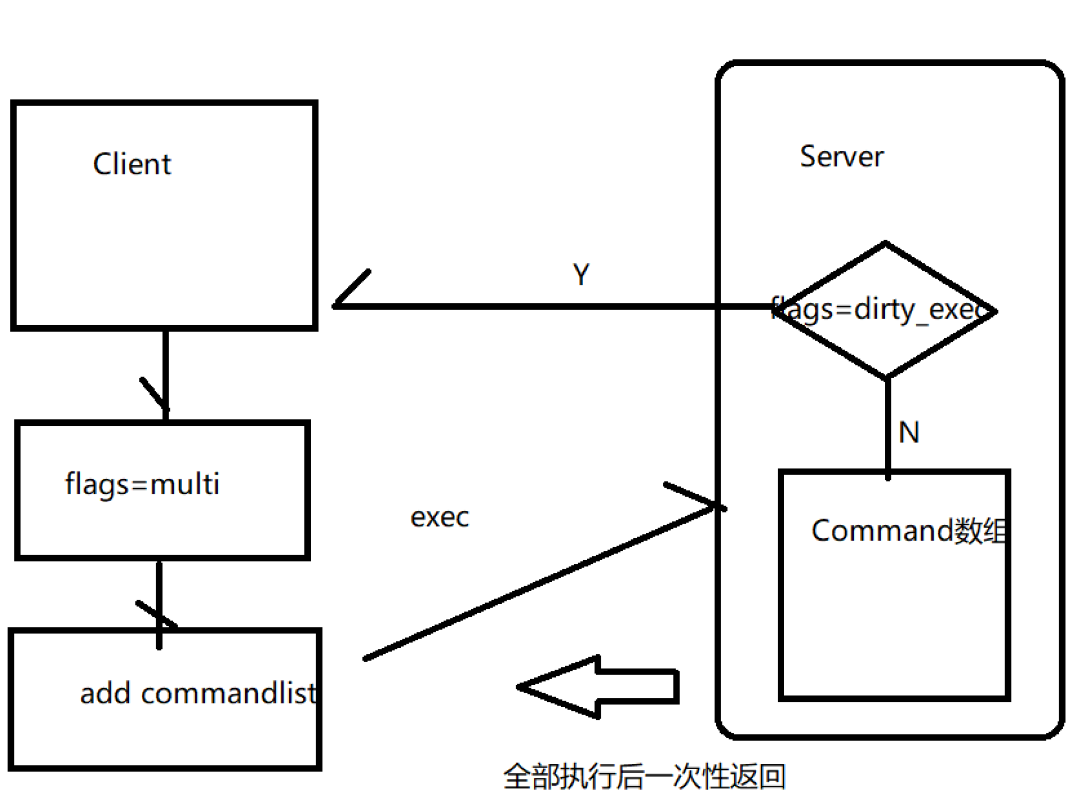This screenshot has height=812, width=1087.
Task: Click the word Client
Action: click(x=132, y=164)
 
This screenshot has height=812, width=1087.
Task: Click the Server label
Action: click(x=841, y=157)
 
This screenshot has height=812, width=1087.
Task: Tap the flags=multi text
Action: click(x=142, y=484)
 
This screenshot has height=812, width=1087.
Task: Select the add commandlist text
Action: click(x=198, y=693)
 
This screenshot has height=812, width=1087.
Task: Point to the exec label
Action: click(x=440, y=517)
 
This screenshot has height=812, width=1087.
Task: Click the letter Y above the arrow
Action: click(x=581, y=274)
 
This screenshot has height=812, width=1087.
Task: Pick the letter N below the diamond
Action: click(x=909, y=432)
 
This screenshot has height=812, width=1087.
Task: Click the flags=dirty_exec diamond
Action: click(x=885, y=311)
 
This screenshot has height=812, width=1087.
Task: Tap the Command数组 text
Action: click(x=908, y=531)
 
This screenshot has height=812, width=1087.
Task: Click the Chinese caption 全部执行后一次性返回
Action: click(x=644, y=776)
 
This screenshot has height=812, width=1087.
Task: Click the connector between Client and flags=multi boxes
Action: click(x=165, y=374)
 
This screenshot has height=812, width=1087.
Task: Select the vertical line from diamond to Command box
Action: click(x=887, y=423)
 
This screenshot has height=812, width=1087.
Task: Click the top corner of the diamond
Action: click(x=885, y=244)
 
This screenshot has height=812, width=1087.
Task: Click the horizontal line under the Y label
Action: click(x=535, y=307)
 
